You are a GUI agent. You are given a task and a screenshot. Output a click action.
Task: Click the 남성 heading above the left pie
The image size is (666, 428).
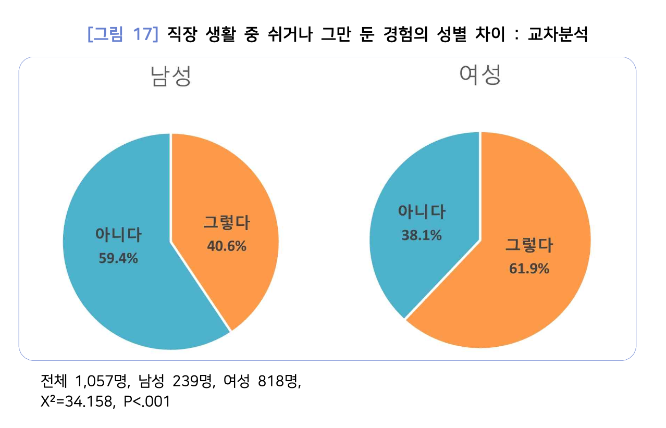pos(170,76)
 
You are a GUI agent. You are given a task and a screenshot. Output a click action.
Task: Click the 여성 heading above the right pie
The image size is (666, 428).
pos(480,75)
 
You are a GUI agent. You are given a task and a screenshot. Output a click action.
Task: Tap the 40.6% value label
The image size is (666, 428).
pos(227,246)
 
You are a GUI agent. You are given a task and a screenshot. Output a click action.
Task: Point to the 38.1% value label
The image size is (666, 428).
pos(422,235)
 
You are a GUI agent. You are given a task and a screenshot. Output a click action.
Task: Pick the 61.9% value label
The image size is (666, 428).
pos(529,269)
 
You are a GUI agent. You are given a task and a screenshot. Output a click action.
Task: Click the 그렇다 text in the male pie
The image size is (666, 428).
pos(227,223)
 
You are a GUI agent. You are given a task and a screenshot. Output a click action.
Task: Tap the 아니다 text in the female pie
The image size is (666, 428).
pos(422,212)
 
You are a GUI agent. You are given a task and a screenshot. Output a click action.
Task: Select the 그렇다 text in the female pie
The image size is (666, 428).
pos(529,245)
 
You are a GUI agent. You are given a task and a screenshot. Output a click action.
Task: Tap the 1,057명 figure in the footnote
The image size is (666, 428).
pos(102,382)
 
